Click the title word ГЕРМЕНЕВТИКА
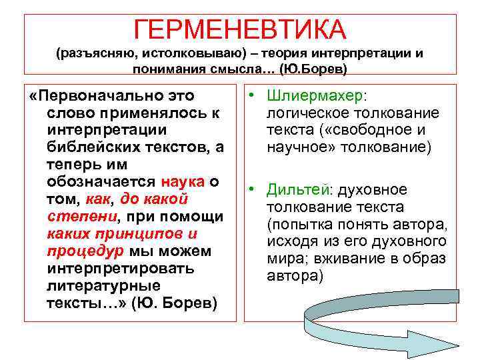pyautogui.click(x=240, y=29)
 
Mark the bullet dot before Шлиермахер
pyautogui.click(x=254, y=96)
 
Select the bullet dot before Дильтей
pyautogui.click(x=254, y=190)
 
